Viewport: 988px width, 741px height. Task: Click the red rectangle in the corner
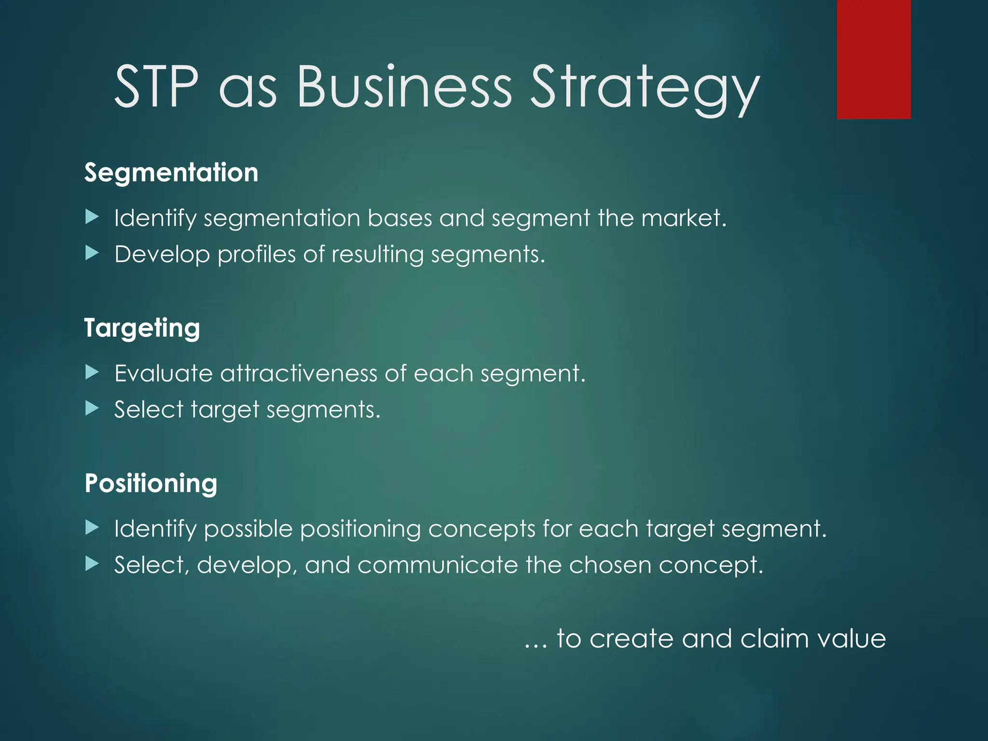click(x=874, y=59)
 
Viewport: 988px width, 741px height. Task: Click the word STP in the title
click(x=156, y=87)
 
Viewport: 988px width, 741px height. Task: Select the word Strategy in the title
click(x=645, y=89)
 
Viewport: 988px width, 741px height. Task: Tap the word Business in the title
click(x=404, y=87)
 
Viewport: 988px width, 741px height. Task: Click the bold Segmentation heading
click(x=171, y=173)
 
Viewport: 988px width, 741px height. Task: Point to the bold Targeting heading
click(x=142, y=329)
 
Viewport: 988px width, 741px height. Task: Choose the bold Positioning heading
click(x=151, y=483)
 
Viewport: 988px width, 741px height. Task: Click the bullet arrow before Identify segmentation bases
click(x=92, y=217)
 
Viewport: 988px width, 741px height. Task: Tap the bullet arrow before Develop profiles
click(x=92, y=252)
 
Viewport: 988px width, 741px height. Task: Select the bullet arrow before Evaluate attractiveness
click(x=92, y=372)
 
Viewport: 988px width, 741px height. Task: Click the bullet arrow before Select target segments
click(x=92, y=409)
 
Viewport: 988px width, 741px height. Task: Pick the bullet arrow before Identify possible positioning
click(x=92, y=527)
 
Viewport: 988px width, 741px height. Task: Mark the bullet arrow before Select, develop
click(x=92, y=563)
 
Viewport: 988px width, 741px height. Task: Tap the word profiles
click(x=256, y=255)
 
